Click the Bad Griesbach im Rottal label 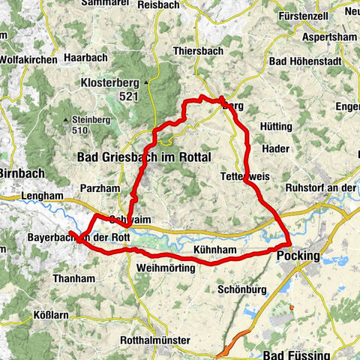145,157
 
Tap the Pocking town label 298,256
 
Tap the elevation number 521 130,96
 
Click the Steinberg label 91,118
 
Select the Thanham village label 73,278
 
